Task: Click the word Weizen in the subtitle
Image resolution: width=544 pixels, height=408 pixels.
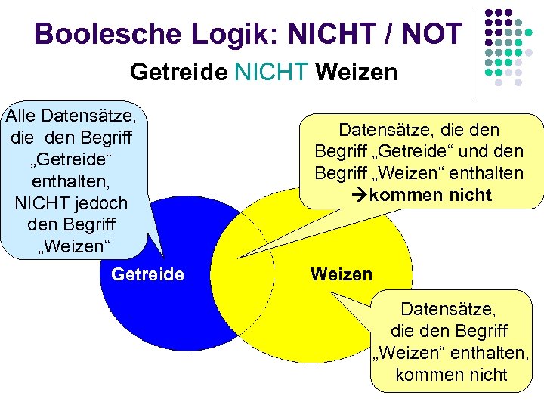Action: coord(357,73)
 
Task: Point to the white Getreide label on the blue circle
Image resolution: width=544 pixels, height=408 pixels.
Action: coord(147,274)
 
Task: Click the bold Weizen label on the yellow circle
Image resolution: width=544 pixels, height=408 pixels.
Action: coord(342,274)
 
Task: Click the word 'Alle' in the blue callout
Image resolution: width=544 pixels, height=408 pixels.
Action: coord(21,116)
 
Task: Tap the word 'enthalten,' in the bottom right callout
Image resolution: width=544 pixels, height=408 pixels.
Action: coord(492,353)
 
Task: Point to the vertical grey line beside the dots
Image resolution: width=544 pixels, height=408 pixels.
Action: coord(474,53)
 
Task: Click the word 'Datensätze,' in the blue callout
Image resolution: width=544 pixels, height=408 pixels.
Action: coord(89,116)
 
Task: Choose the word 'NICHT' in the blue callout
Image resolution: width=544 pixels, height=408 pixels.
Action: coord(40,204)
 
